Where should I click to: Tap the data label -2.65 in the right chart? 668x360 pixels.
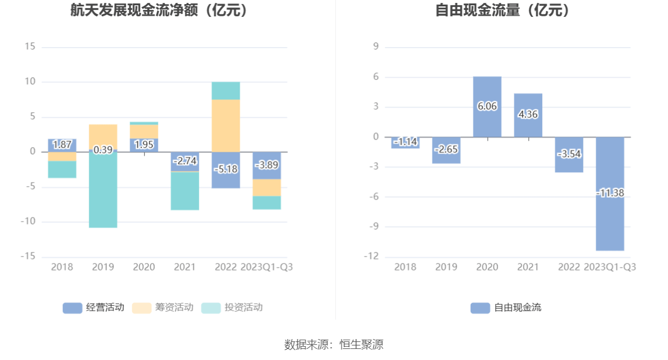446,149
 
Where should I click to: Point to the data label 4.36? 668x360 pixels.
528,115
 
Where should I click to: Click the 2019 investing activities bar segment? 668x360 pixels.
103,192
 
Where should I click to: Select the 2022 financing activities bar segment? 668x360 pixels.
226,126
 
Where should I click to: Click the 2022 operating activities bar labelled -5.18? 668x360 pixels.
226,169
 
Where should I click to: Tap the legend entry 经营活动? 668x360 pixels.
93,308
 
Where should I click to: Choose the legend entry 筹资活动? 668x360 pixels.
162,308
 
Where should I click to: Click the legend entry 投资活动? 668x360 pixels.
232,308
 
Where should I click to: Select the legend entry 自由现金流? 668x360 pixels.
506,308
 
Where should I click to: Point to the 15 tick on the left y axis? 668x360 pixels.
30,47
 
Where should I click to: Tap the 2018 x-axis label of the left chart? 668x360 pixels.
62,267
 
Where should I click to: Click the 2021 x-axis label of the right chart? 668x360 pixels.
528,267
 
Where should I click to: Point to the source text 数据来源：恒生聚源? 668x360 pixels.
334,344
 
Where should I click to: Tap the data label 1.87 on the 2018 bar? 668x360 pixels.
62,145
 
